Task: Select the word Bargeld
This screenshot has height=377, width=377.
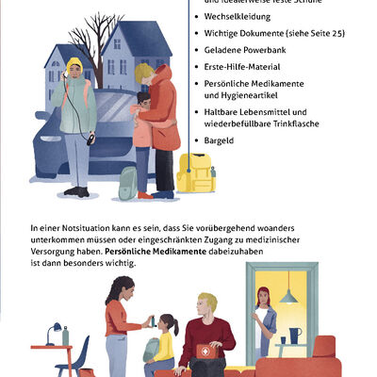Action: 221,140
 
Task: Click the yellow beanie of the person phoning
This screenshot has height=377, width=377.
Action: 74,64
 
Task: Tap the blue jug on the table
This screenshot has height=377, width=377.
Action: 295,336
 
